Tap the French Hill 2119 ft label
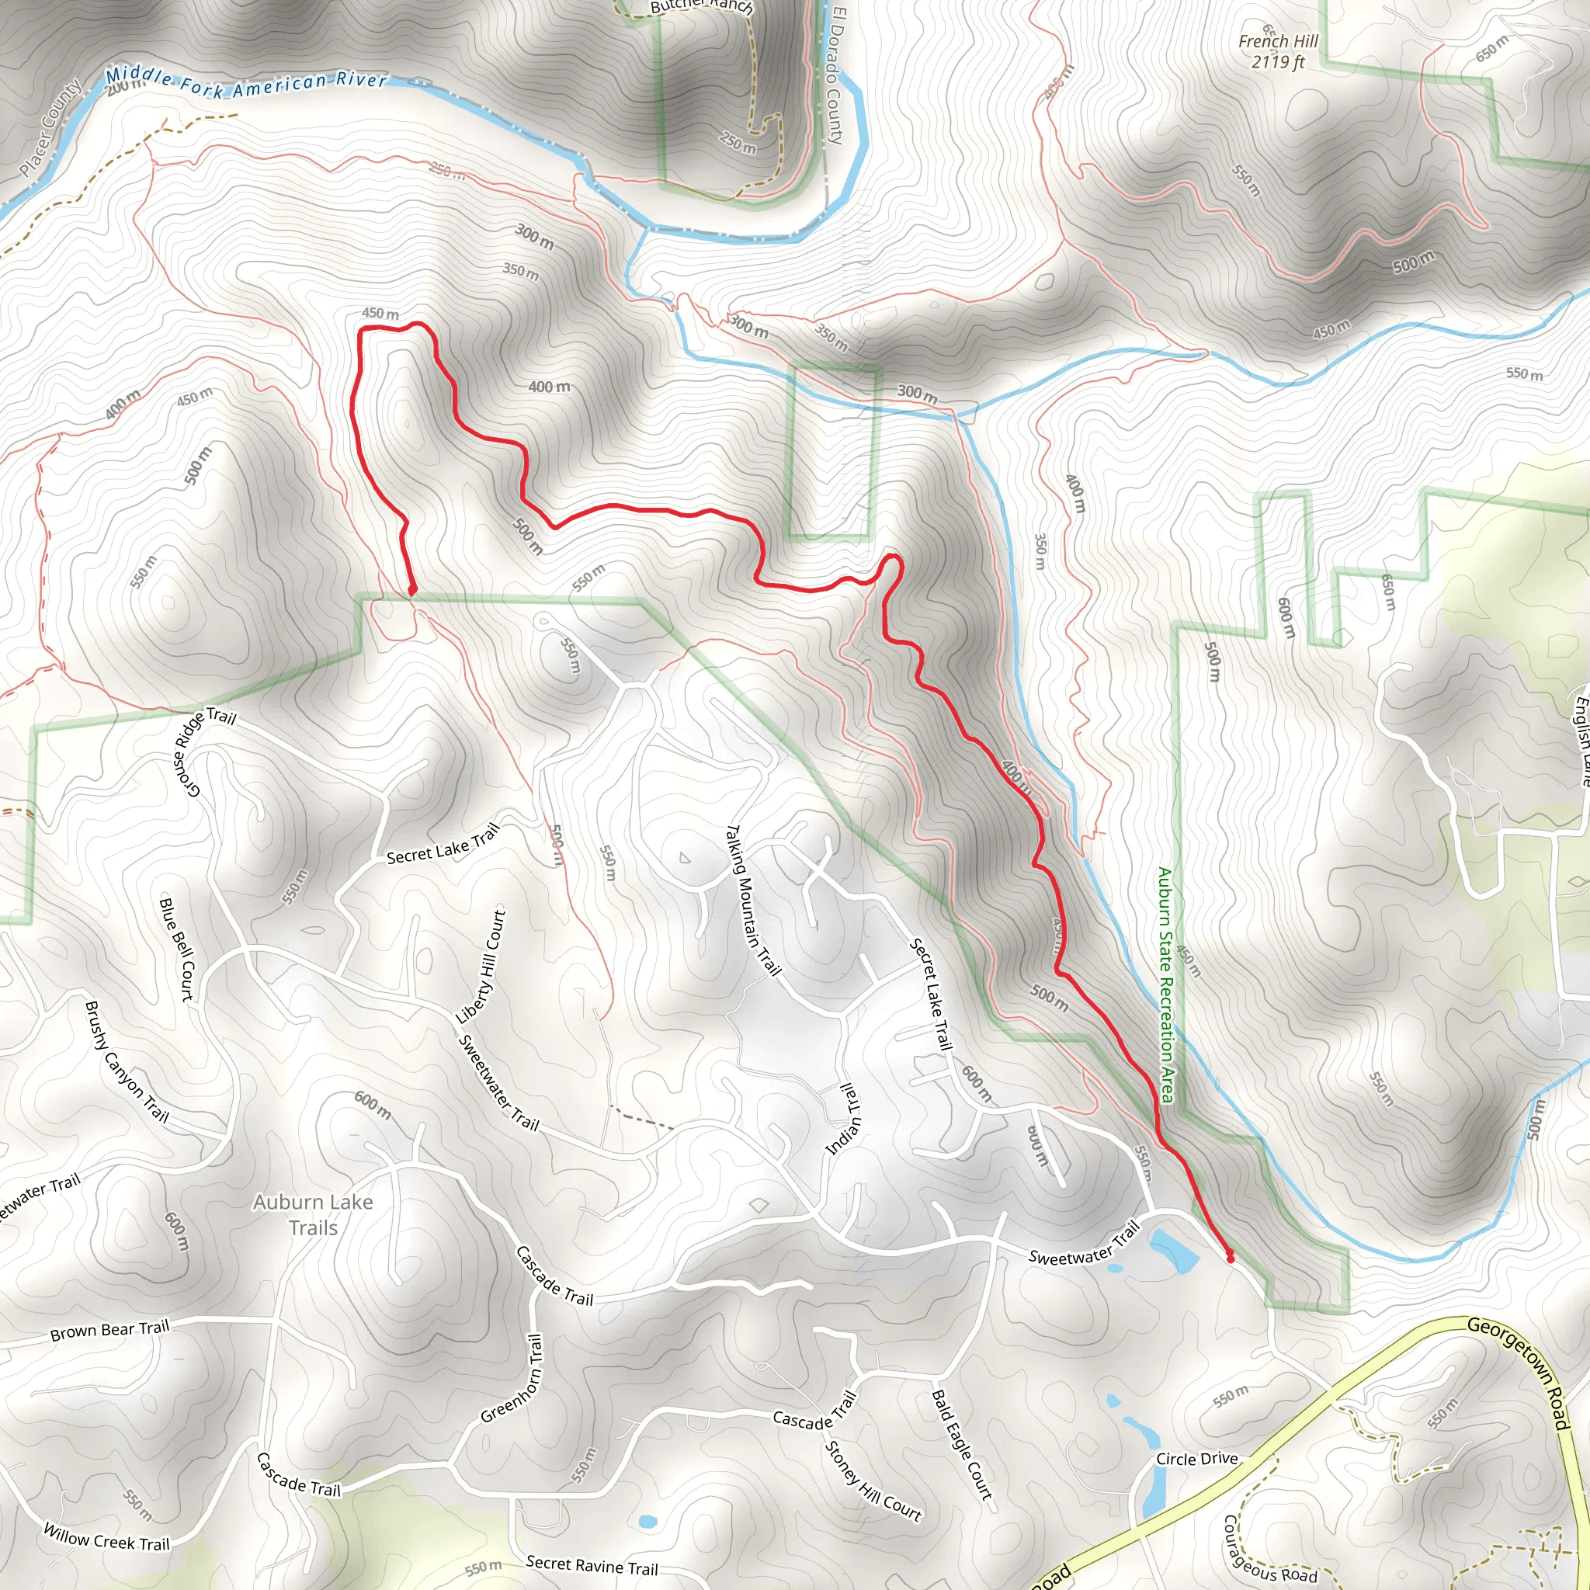[x=1278, y=51]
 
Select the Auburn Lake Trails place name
[x=313, y=1215]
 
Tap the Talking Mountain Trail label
[x=752, y=901]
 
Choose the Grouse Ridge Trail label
[x=204, y=752]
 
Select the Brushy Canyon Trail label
[x=127, y=1061]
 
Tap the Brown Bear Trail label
[x=109, y=1331]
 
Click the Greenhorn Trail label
[x=512, y=1380]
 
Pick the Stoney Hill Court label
[x=873, y=1481]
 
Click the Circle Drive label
[x=1196, y=1459]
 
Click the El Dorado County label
[x=835, y=76]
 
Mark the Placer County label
[x=51, y=128]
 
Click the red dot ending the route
[x=1231, y=1258]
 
